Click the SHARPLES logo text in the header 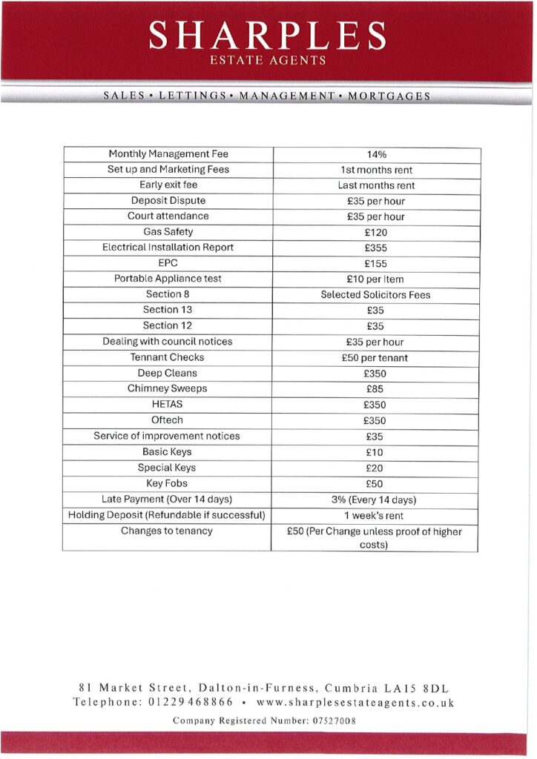[x=267, y=35]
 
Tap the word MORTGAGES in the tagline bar [x=389, y=96]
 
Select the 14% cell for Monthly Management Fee [x=377, y=155]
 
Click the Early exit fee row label [x=168, y=185]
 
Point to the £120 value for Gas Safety [x=377, y=233]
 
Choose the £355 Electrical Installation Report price [x=377, y=248]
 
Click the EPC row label [x=168, y=263]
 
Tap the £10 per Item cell [x=377, y=279]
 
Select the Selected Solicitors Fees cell [x=375, y=295]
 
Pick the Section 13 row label [x=168, y=310]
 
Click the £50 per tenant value [x=377, y=358]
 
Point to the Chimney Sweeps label [x=168, y=388]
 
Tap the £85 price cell [x=375, y=389]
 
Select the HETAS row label [x=168, y=405]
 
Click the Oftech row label [x=168, y=420]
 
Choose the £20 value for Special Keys [x=375, y=468]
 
